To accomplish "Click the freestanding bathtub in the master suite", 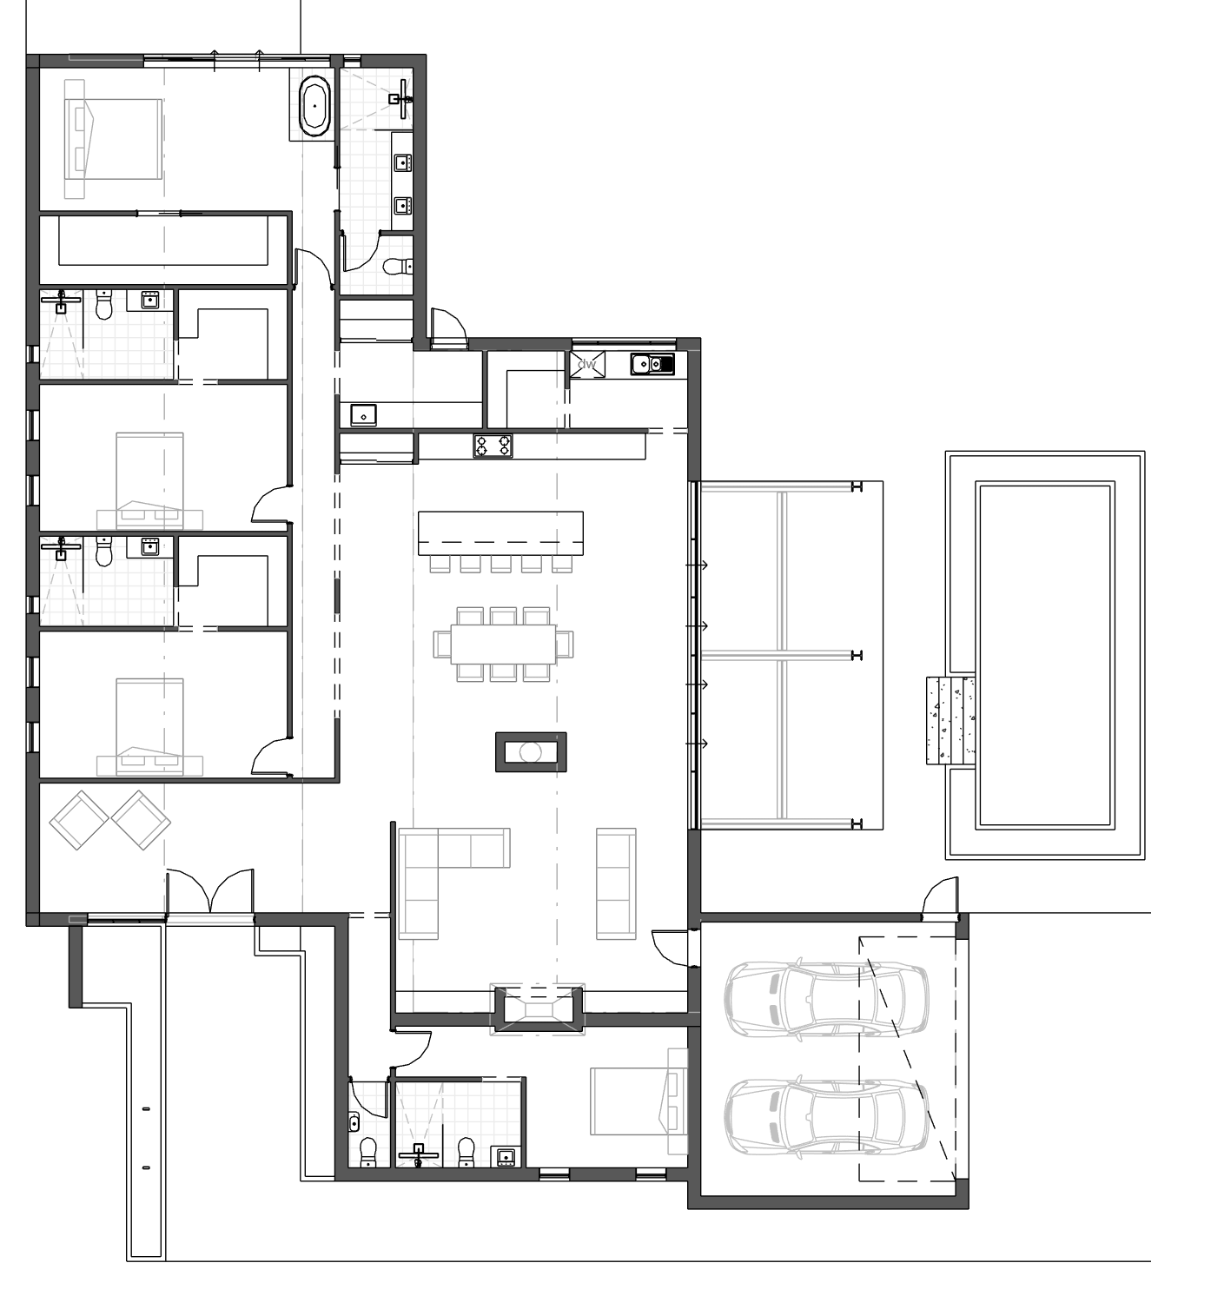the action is pos(314,105).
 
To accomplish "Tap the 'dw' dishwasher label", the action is pos(587,364).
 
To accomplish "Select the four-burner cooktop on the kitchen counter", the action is pos(493,445).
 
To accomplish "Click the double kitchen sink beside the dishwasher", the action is pos(652,363).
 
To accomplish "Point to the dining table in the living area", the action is pos(503,644).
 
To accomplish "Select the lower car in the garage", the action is pos(826,1116).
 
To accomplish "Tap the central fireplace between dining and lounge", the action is pos(530,751).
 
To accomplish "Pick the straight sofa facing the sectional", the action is pos(616,883).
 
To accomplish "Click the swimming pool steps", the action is pos(950,720).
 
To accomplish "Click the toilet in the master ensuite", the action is pos(398,266).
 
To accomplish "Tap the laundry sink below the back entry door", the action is pos(363,415).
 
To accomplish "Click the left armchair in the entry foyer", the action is pos(79,820).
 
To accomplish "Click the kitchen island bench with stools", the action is pos(500,533).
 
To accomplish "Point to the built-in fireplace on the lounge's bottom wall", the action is pos(538,1009).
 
